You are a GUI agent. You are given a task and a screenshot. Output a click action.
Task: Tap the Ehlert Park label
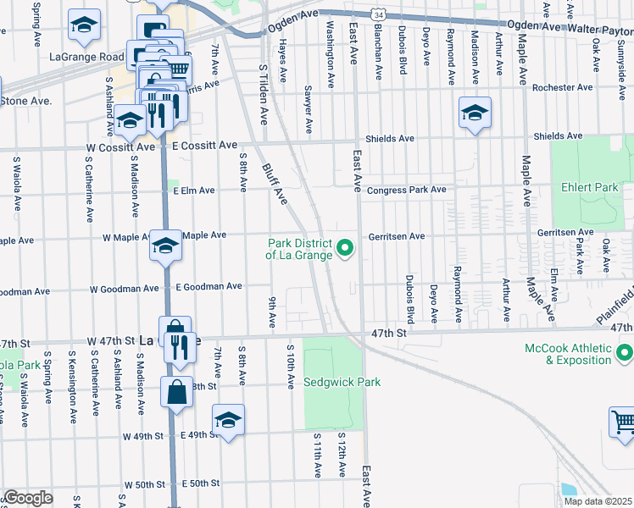592,187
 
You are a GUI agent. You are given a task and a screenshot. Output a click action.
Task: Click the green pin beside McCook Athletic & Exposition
625,351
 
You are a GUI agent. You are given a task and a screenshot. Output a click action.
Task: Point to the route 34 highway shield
380,14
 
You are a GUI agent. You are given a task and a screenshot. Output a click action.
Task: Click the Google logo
28,498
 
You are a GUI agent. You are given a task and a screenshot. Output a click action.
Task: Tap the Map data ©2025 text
598,501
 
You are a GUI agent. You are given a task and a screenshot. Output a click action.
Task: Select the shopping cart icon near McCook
622,422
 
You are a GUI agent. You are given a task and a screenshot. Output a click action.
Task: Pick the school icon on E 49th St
228,421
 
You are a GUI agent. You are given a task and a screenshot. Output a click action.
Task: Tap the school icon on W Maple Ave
165,246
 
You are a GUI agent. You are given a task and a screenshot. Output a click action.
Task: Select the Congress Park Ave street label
406,190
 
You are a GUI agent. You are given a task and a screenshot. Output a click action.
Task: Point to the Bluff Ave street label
274,184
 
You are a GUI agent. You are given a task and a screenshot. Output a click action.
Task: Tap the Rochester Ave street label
562,87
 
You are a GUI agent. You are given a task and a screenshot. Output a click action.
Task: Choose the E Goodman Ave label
209,287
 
